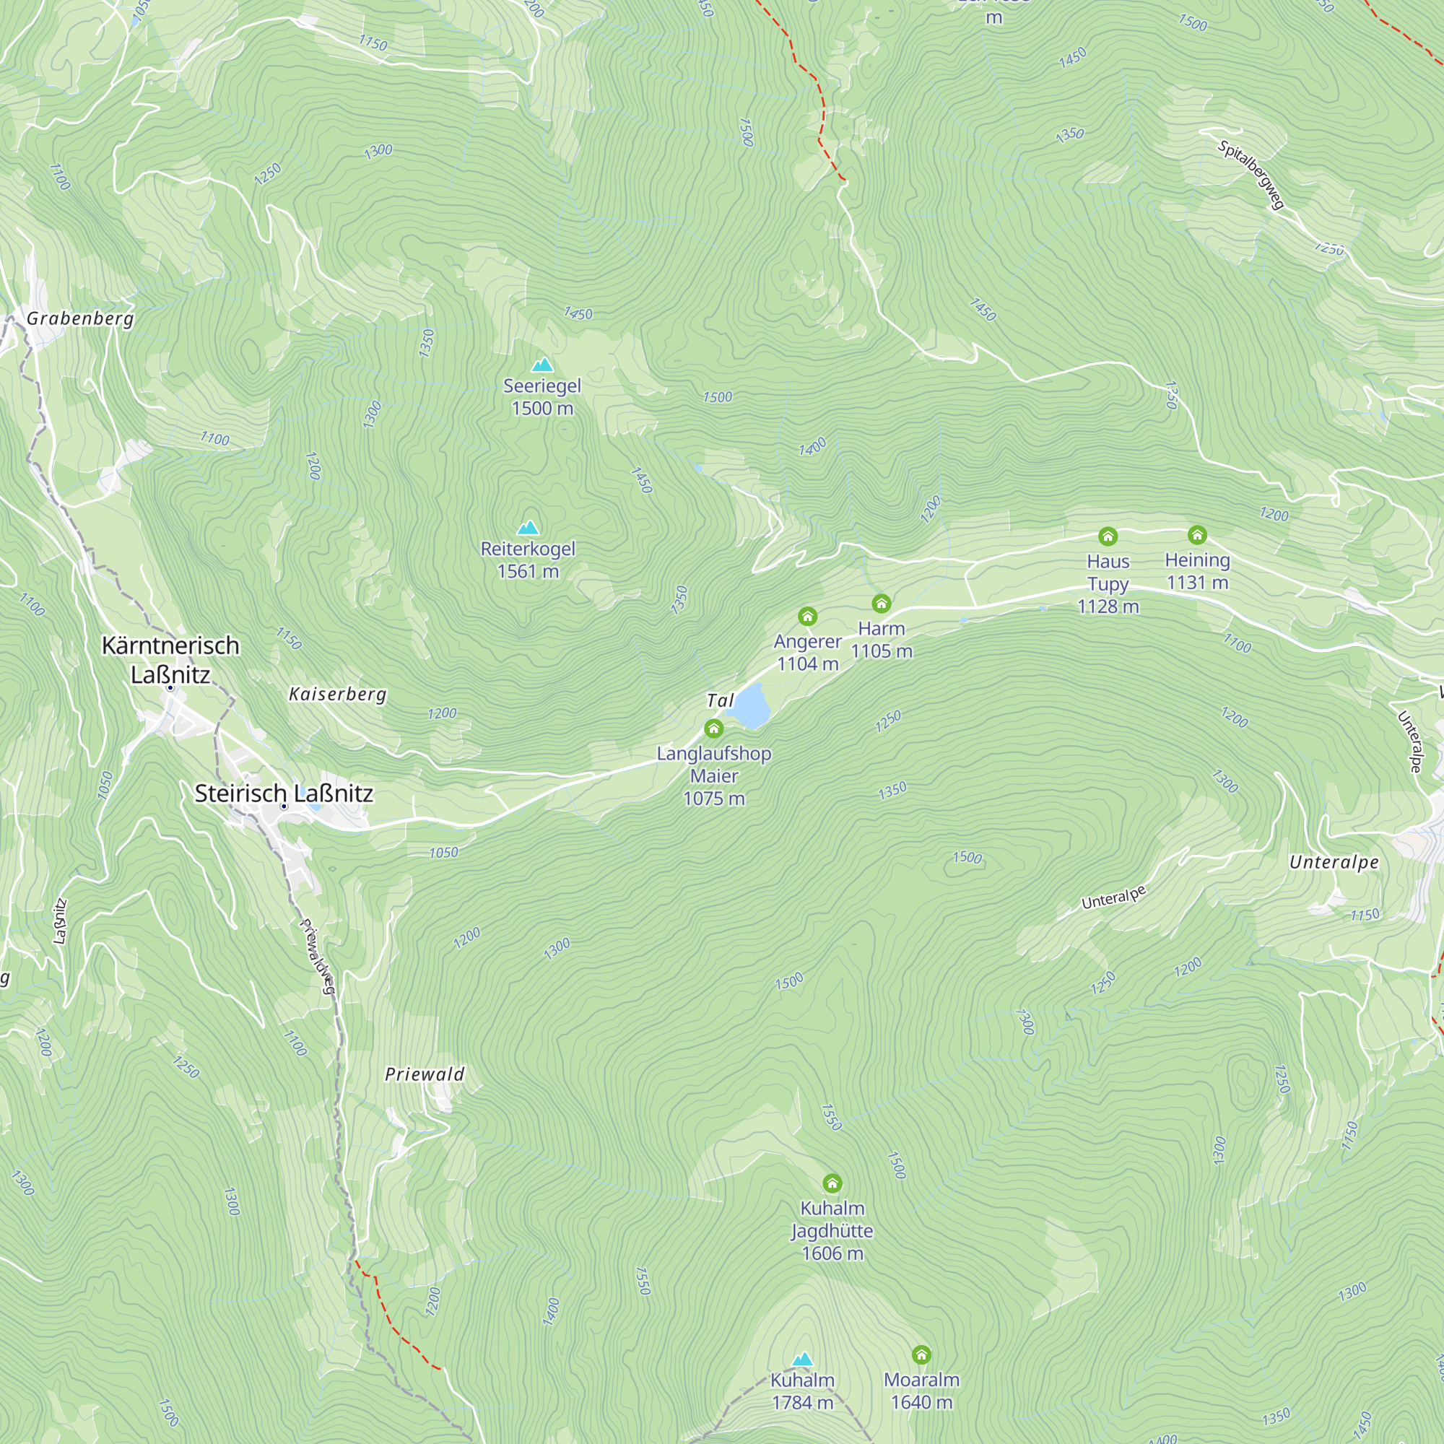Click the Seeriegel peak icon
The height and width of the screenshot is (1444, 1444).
(x=542, y=365)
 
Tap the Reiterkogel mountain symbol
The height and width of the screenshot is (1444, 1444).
(x=529, y=528)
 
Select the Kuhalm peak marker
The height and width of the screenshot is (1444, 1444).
(x=802, y=1358)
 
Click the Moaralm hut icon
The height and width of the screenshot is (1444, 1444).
(x=921, y=1354)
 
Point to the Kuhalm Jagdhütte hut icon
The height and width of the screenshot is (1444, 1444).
(x=832, y=1183)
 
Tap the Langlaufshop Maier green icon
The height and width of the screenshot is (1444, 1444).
(x=714, y=728)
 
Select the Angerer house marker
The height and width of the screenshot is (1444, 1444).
(x=807, y=616)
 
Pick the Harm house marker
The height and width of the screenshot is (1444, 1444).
(x=881, y=603)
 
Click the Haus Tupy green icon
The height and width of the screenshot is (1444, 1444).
(x=1108, y=536)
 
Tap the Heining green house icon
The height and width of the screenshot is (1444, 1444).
(x=1196, y=534)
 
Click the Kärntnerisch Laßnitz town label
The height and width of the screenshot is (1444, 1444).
(x=170, y=659)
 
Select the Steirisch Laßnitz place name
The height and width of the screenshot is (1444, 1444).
(x=283, y=793)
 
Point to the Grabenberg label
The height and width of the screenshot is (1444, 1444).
(x=80, y=318)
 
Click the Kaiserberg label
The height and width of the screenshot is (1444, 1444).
(x=338, y=695)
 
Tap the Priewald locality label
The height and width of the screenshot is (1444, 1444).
(x=425, y=1074)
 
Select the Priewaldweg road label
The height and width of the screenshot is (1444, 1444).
(x=318, y=956)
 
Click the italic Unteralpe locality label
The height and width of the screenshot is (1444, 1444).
(x=1334, y=862)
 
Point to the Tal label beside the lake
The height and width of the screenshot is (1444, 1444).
(x=720, y=700)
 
